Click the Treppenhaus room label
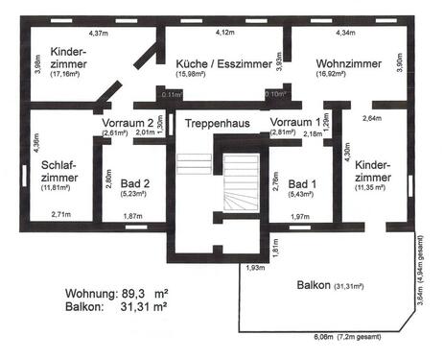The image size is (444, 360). click(x=220, y=123)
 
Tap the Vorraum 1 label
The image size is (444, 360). click(x=295, y=123)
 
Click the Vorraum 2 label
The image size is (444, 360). click(x=127, y=123)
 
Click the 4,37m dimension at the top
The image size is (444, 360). click(x=98, y=33)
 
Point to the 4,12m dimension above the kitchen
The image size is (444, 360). click(x=224, y=33)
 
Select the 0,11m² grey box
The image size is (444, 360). click(x=173, y=94)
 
